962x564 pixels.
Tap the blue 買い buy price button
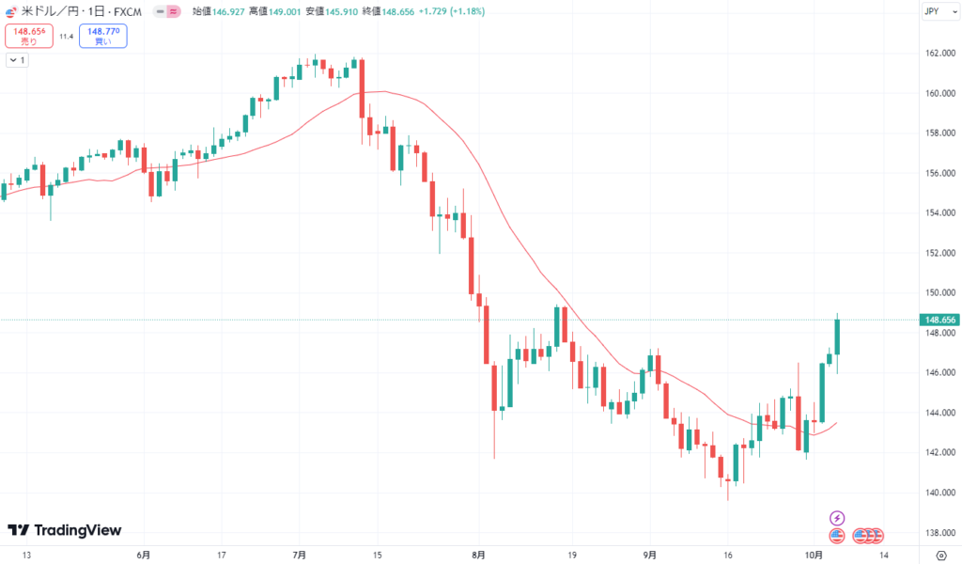[x=102, y=36]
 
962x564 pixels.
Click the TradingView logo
[x=64, y=530]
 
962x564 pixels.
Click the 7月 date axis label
[x=300, y=555]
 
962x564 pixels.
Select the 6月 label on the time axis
[x=143, y=555]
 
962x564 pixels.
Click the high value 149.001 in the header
[x=283, y=11]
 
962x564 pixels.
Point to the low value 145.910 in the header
[x=349, y=11]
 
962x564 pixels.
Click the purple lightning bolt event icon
[x=837, y=517]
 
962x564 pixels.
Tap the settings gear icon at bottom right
[x=941, y=555]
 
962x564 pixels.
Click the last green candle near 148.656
[x=837, y=337]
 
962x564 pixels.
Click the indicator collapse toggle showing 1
[x=17, y=60]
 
